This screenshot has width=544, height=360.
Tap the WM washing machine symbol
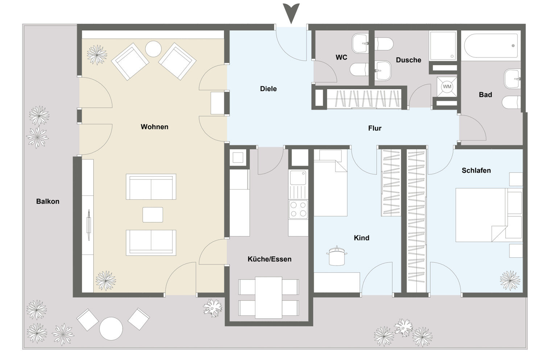pos(447,86)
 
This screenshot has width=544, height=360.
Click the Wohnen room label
pos(154,127)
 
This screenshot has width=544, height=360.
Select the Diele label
pos(268,89)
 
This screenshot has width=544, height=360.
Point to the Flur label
pos(375,128)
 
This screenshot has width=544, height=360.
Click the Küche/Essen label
pos(269,259)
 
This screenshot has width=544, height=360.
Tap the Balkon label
pos(48,201)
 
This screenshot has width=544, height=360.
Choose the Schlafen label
pos(476,171)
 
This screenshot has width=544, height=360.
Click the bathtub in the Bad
pos(491,46)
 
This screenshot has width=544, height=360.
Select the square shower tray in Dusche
pos(443,46)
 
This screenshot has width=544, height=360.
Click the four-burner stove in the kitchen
pos(298,209)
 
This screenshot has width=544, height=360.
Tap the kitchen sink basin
pos(298,177)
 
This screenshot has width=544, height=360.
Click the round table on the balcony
pos(111,329)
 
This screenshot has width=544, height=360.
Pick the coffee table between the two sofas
pos(153,214)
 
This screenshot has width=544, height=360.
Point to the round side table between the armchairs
pos(153,49)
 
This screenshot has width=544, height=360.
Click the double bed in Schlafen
pos(489,215)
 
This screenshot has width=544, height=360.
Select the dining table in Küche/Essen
pos(268,298)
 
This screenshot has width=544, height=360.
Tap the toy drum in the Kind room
pos(336,256)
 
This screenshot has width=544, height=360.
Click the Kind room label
pos(362,238)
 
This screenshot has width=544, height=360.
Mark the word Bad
pos(486,95)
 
